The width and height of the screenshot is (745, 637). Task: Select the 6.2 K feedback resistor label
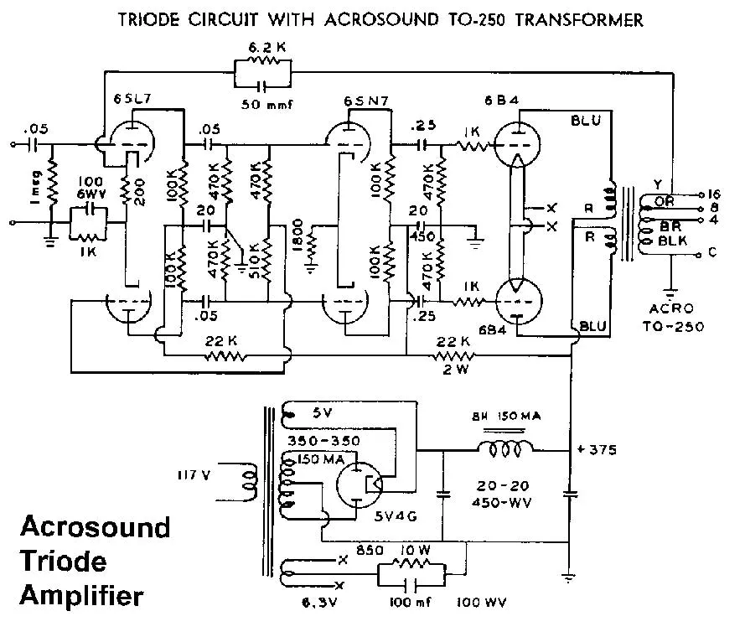[x=261, y=49]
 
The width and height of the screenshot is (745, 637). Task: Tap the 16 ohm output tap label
[x=715, y=193]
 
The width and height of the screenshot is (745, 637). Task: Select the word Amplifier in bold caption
[x=81, y=596]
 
